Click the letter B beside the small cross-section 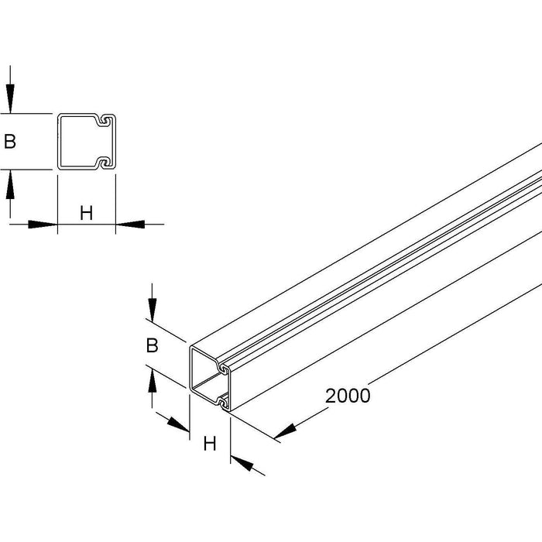click(x=10, y=142)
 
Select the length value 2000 click(x=348, y=395)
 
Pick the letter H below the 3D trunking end click(x=209, y=444)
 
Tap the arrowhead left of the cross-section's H click(x=46, y=225)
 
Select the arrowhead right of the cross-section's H click(x=128, y=225)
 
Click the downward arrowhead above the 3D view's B click(x=153, y=311)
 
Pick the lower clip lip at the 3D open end click(x=224, y=401)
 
